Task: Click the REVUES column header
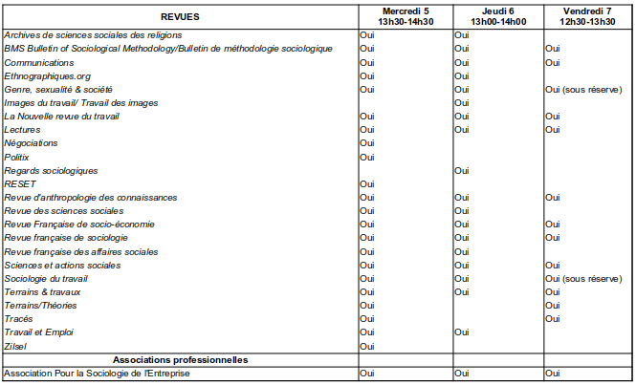click(178, 16)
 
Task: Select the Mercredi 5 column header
click(405, 16)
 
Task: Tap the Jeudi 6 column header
click(497, 16)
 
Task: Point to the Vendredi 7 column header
click(587, 16)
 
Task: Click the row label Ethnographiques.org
click(49, 75)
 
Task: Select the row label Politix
click(17, 157)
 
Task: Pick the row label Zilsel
click(16, 346)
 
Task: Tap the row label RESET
click(19, 183)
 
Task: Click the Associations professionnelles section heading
click(180, 359)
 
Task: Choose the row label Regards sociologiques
click(52, 170)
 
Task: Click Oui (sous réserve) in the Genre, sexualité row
click(583, 89)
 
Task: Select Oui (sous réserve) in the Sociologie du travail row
click(583, 278)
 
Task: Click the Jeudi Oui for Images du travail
click(462, 102)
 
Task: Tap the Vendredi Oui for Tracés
click(553, 319)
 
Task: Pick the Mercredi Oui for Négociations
click(366, 143)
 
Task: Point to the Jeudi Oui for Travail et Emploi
click(462, 332)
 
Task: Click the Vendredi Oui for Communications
click(553, 62)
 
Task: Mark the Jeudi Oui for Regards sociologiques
click(462, 170)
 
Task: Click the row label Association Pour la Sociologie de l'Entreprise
click(98, 374)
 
